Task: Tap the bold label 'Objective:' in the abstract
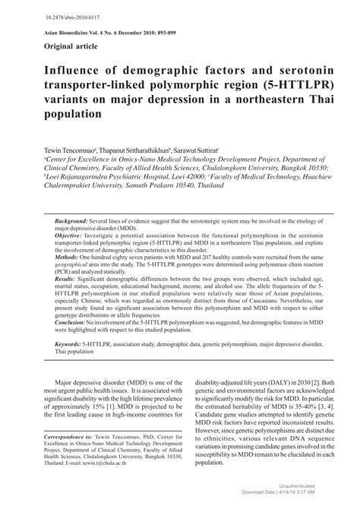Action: [x=73, y=236]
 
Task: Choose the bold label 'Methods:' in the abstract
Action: [x=70, y=258]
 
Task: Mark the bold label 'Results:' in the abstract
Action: [x=69, y=279]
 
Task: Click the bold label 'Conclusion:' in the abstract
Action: [x=75, y=321]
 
